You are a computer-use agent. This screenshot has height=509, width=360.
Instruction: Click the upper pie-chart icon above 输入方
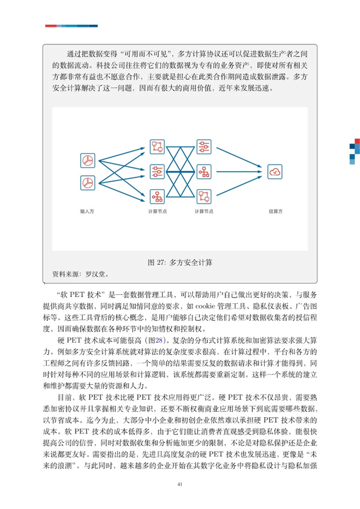click(88, 160)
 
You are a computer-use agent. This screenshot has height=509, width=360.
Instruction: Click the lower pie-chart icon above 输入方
click(88, 182)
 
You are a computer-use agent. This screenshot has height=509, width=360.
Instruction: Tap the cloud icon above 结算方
click(276, 172)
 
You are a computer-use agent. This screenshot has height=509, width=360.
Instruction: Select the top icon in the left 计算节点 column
click(157, 147)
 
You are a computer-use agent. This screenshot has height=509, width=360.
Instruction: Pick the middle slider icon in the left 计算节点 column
click(157, 172)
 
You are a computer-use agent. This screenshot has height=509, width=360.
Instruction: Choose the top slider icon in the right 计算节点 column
click(204, 147)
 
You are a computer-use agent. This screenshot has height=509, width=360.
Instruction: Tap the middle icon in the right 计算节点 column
click(204, 172)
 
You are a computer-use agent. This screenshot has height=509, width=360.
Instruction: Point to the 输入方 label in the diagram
click(88, 212)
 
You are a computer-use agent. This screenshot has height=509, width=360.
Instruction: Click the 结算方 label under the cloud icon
click(276, 212)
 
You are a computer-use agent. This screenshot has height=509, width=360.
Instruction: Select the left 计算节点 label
click(157, 212)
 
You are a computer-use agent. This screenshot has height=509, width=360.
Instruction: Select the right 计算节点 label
click(204, 212)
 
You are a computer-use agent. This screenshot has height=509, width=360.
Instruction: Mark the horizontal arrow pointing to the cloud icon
click(243, 172)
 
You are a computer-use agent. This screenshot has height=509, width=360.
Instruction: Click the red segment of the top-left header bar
click(51, 25)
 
